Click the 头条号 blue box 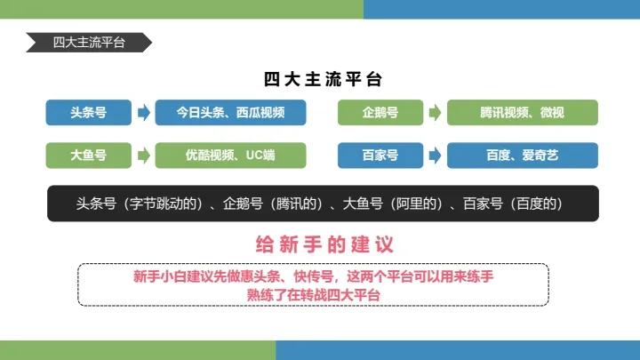click(88, 113)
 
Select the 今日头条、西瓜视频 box click(230, 113)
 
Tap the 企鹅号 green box click(380, 113)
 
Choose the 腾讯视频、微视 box click(522, 113)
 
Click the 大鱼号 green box click(88, 155)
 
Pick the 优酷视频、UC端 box click(230, 155)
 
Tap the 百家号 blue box click(380, 155)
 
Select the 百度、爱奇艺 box click(522, 155)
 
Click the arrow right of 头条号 click(143, 113)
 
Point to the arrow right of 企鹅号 click(435, 113)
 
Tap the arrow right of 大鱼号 click(143, 155)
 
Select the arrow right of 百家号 click(435, 155)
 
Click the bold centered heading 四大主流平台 click(323, 79)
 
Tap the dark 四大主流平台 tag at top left click(88, 42)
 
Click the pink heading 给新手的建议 click(324, 244)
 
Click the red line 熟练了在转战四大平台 click(314, 294)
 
